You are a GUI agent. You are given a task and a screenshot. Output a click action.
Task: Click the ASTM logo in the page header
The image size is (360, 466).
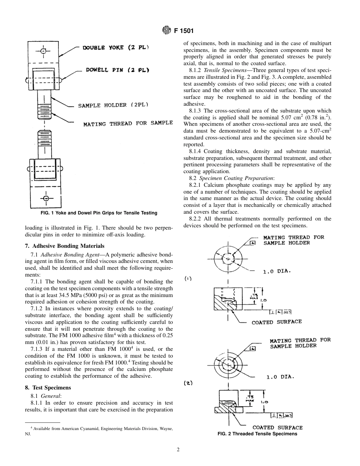click(x=166, y=30)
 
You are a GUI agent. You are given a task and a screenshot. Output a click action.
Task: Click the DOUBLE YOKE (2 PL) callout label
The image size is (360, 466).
click(x=116, y=48)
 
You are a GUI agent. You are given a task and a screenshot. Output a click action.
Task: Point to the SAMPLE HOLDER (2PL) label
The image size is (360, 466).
click(x=113, y=105)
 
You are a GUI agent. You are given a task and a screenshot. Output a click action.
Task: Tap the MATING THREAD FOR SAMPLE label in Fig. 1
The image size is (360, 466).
click(x=128, y=123)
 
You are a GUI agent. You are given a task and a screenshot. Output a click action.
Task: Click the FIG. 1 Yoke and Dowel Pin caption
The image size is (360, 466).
click(x=99, y=213)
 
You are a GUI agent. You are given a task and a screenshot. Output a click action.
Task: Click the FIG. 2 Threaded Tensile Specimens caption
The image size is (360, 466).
click(x=257, y=434)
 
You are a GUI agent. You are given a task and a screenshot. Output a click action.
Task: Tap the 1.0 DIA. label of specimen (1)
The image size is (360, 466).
click(x=277, y=271)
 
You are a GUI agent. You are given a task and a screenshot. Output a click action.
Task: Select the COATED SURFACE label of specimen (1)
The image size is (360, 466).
click(x=277, y=322)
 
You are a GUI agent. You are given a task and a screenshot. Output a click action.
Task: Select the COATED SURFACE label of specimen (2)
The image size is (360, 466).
click(x=277, y=427)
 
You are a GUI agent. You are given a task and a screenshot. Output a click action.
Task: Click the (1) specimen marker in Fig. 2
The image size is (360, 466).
click(x=188, y=278)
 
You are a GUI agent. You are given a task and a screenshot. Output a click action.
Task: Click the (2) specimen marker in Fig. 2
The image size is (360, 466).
click(x=188, y=383)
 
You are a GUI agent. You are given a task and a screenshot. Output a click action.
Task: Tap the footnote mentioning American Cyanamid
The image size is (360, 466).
click(x=99, y=431)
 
